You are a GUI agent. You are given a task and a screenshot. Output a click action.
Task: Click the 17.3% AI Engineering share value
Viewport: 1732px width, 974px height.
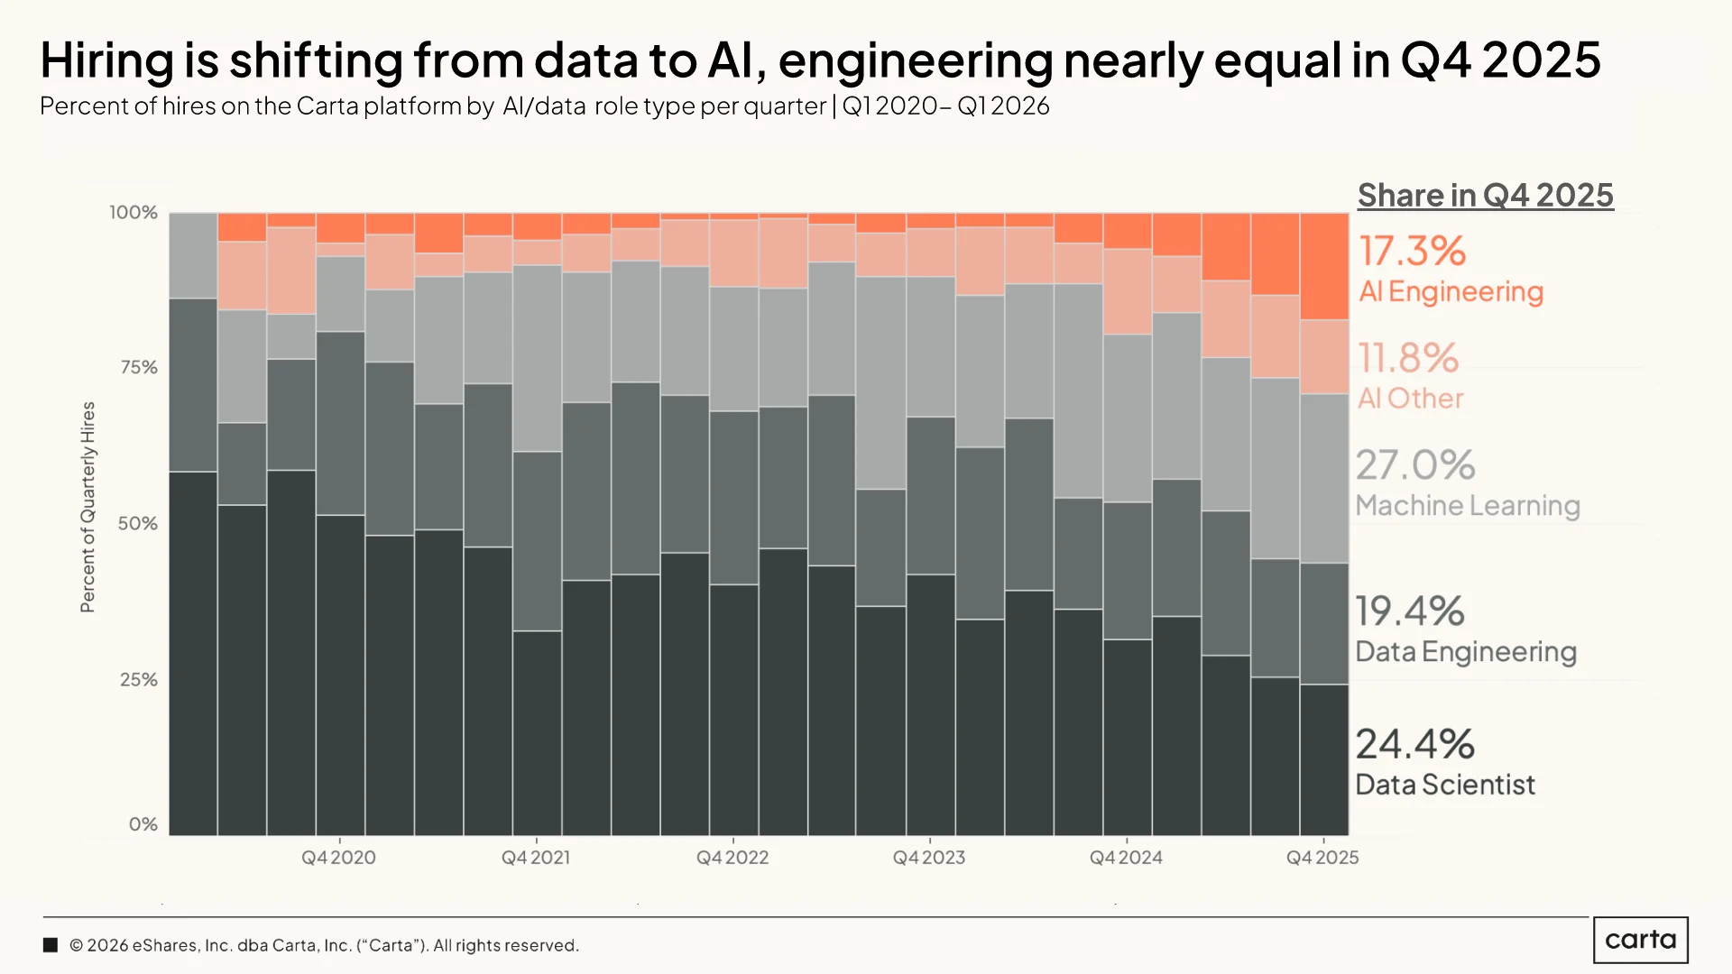[1413, 251]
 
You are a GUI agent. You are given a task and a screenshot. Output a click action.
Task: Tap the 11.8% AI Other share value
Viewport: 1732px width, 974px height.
[1408, 358]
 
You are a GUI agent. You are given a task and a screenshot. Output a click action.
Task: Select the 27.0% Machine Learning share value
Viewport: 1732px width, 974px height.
[1415, 465]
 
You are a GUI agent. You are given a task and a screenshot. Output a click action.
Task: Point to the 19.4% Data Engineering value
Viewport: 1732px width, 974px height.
[1410, 611]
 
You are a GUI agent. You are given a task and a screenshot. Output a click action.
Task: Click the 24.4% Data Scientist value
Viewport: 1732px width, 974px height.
[1414, 745]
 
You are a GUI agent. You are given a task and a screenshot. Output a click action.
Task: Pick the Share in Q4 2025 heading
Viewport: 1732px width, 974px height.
[1486, 195]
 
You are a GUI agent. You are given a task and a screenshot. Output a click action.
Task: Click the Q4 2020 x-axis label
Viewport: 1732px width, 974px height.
[338, 858]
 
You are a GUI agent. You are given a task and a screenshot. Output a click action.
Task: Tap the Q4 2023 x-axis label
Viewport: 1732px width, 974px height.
[929, 858]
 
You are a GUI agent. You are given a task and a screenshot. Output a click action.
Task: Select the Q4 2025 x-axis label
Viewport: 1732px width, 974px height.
[1322, 858]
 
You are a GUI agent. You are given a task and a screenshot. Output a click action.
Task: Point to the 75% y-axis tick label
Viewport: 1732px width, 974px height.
[138, 368]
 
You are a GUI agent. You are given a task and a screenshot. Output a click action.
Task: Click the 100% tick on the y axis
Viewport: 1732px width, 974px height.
[134, 213]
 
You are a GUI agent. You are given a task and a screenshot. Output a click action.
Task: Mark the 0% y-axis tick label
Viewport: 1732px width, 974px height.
[143, 824]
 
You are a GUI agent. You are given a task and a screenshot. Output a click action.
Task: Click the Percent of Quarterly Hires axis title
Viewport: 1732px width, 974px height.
[88, 507]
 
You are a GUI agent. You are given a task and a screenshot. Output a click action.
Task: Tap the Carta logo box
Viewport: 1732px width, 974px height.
[1641, 940]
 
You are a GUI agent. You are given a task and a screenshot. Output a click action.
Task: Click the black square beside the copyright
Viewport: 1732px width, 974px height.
[51, 945]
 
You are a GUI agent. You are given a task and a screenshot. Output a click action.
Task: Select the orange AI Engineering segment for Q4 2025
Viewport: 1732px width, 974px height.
[1324, 267]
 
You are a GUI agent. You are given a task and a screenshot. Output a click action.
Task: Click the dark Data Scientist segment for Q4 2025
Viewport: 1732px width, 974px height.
[1324, 760]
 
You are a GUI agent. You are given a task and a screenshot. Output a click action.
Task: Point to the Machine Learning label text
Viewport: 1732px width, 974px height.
[1468, 506]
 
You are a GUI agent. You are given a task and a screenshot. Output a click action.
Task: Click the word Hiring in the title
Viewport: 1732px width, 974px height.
[107, 61]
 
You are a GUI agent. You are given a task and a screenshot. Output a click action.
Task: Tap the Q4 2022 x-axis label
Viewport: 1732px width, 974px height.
[732, 858]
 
